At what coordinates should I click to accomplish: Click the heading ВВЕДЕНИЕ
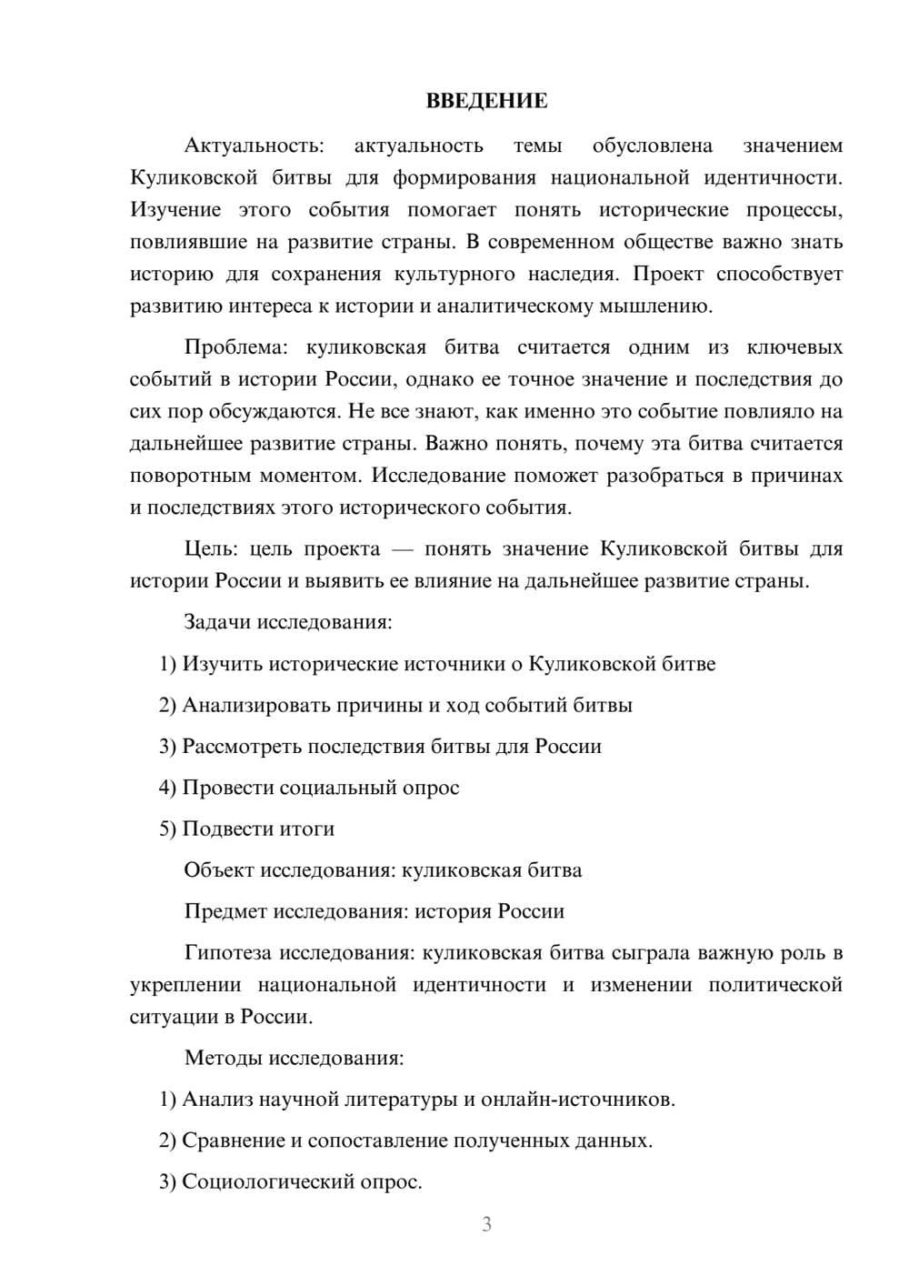(486, 101)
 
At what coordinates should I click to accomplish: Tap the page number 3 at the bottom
(486, 1224)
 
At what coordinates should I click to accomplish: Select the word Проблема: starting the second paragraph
(241, 347)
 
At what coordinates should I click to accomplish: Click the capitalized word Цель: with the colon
(211, 548)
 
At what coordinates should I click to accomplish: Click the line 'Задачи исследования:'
(288, 622)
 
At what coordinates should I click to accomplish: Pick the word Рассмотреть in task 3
(242, 746)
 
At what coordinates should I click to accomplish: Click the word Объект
(219, 869)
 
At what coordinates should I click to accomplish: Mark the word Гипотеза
(227, 952)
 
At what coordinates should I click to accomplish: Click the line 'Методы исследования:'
(294, 1058)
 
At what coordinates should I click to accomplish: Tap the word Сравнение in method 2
(233, 1140)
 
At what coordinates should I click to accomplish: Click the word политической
(775, 985)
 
